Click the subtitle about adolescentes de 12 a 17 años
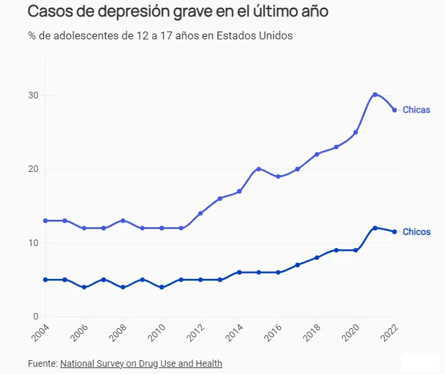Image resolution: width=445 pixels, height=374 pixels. click(160, 35)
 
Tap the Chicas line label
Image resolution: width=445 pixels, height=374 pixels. click(416, 110)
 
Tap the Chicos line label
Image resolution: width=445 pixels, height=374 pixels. click(416, 232)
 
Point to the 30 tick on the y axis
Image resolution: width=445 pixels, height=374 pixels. click(33, 96)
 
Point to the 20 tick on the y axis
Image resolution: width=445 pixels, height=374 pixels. click(33, 169)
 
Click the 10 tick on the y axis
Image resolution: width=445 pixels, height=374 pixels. click(33, 243)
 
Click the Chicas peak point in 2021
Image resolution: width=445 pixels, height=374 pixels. click(375, 94)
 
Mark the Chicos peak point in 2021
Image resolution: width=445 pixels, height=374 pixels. click(375, 228)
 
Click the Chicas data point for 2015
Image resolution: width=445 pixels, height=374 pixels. click(259, 169)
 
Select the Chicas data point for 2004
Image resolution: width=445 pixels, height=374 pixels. click(45, 220)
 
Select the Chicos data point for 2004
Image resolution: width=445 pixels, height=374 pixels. click(45, 280)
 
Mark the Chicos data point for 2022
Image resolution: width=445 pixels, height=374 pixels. click(395, 232)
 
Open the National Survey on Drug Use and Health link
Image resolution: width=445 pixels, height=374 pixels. click(141, 363)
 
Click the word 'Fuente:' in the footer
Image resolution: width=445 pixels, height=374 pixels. click(43, 363)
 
